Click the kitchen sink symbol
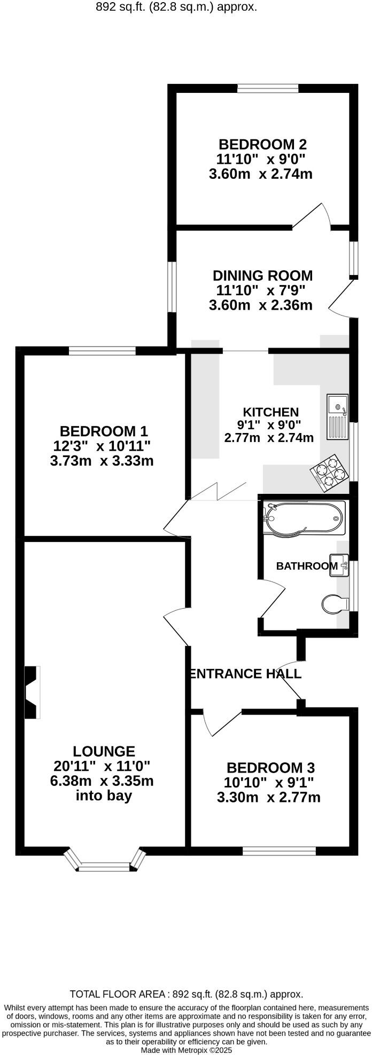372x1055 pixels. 338,416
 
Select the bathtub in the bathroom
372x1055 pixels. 304,518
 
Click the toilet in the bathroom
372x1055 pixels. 335,603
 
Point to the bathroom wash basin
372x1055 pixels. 339,565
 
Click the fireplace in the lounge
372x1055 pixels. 32,692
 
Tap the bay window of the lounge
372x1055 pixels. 105,861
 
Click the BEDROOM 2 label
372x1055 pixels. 262,144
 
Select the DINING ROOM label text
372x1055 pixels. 262,275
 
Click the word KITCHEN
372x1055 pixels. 270,412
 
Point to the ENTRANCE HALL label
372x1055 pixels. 246,674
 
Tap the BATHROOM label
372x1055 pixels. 306,566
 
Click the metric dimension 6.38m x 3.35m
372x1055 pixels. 102,781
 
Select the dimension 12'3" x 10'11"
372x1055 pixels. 102,445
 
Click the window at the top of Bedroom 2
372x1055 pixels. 268,89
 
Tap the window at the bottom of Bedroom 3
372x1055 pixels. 279,851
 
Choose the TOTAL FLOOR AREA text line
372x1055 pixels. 186,994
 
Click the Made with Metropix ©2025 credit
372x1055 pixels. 186,1050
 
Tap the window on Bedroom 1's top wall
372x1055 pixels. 102,351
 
